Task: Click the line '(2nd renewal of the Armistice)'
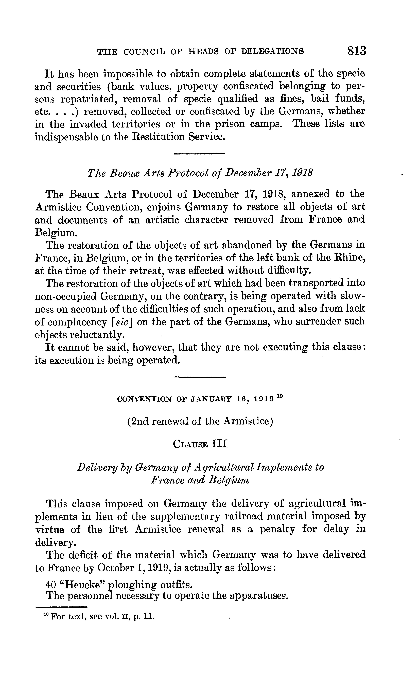point(200,421)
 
